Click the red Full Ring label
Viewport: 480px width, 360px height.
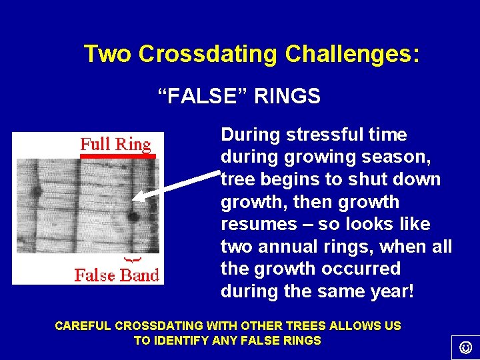coord(115,144)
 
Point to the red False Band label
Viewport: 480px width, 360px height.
coord(117,275)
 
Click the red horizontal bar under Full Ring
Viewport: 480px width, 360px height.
coord(117,156)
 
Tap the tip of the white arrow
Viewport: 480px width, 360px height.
coord(135,197)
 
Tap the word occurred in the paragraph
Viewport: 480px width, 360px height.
coord(367,269)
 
